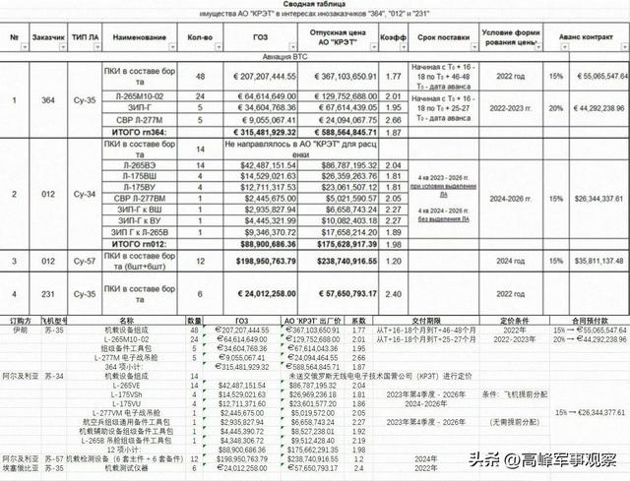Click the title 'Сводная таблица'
click(314, 7)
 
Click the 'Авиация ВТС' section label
click(314, 59)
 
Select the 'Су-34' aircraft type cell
click(91, 195)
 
